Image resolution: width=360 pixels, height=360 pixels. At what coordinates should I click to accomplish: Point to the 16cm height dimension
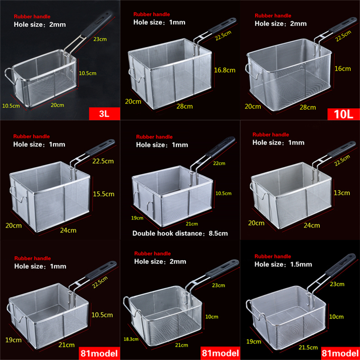343,68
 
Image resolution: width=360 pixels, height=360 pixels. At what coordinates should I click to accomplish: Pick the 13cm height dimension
342,193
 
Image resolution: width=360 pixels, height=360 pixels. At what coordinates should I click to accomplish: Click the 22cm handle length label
220,163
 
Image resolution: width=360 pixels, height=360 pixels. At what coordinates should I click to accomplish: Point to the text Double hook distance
166,233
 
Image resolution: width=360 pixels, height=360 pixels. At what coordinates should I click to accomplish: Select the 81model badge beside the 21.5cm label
341,351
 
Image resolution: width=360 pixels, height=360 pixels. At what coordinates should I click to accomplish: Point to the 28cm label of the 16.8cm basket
184,106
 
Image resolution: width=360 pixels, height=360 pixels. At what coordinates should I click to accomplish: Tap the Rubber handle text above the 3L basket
31,17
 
